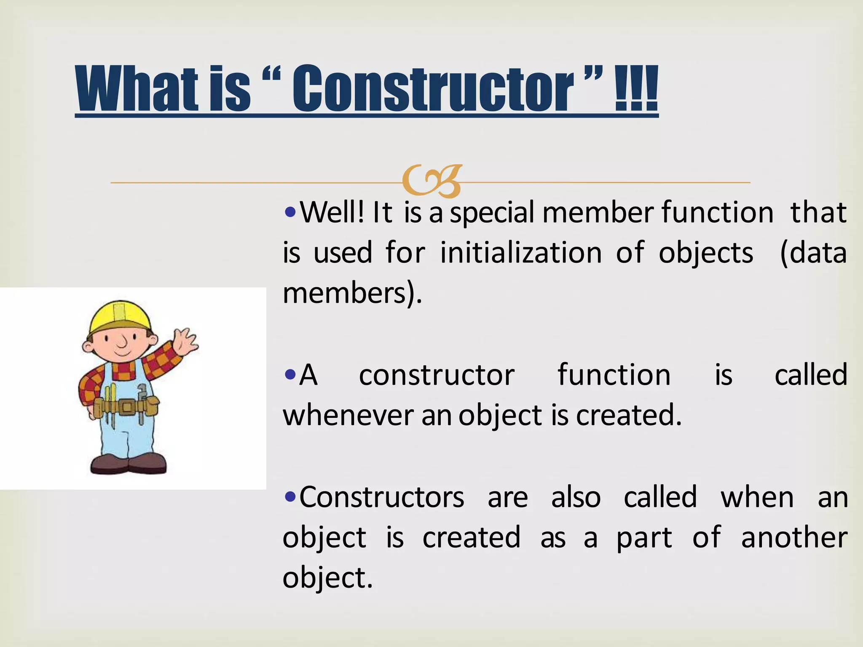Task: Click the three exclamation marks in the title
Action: [x=636, y=89]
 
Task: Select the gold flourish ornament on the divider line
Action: [x=432, y=182]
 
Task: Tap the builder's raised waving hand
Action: [x=185, y=342]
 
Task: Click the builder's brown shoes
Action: [x=129, y=463]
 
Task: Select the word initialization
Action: [x=521, y=253]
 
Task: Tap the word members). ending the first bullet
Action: [x=352, y=293]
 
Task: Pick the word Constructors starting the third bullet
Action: [x=381, y=497]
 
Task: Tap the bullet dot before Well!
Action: [x=290, y=212]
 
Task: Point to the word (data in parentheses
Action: [x=813, y=253]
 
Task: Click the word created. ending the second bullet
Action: [x=628, y=415]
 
